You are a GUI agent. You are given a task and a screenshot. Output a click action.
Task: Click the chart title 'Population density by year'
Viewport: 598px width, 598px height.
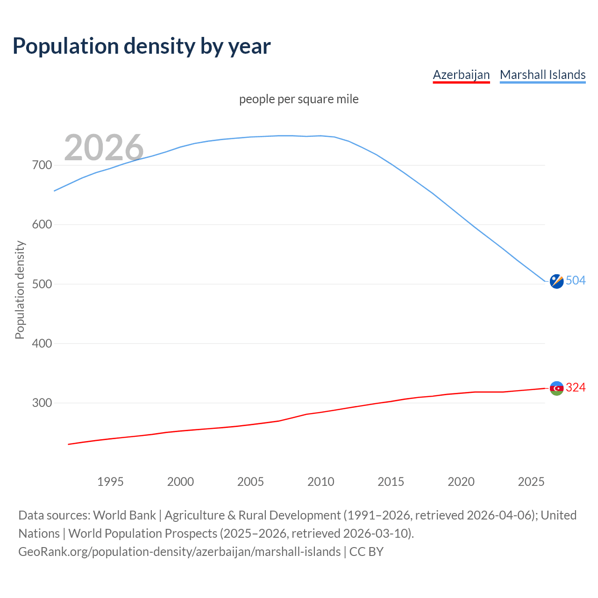tap(142, 46)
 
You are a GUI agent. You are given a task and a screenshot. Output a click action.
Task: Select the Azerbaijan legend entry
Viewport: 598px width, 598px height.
tap(461, 75)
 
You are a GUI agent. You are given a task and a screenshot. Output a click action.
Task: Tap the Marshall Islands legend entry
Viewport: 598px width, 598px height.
tap(542, 75)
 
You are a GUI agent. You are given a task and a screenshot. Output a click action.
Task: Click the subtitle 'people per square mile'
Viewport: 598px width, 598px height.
tap(299, 100)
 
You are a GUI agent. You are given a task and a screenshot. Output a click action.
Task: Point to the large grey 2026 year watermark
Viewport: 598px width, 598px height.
tap(104, 148)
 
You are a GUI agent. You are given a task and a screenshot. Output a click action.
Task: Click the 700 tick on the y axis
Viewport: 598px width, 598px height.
tap(42, 165)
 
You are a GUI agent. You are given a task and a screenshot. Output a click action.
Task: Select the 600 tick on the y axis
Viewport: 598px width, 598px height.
tap(42, 225)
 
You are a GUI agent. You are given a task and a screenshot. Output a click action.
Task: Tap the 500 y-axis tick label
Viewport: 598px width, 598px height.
tap(42, 284)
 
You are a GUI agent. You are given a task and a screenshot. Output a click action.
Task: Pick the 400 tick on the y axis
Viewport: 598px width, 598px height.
tap(42, 343)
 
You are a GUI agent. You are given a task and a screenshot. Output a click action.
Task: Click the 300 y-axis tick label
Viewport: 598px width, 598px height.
tap(42, 403)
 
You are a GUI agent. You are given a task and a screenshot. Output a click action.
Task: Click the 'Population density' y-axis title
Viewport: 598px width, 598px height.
tap(20, 290)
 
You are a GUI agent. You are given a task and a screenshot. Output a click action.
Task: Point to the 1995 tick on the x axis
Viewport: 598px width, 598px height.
tap(110, 482)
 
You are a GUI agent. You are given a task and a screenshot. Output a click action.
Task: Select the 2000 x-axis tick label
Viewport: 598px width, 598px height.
tap(180, 482)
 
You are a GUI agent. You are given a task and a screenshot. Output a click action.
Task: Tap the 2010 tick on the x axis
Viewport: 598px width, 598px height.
tap(320, 482)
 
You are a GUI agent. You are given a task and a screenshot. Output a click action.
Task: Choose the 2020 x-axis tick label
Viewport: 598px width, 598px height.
tap(461, 482)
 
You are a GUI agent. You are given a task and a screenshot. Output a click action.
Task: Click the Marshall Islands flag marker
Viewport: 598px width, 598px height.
tap(556, 281)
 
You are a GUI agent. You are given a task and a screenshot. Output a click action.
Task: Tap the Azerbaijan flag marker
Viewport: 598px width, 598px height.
tap(556, 388)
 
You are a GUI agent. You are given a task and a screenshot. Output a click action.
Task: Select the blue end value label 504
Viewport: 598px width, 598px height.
tap(576, 280)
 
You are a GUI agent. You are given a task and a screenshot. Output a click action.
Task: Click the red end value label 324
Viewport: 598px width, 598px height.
tap(576, 387)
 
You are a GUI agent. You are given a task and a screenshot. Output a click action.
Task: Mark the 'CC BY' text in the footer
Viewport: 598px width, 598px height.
tap(366, 552)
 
